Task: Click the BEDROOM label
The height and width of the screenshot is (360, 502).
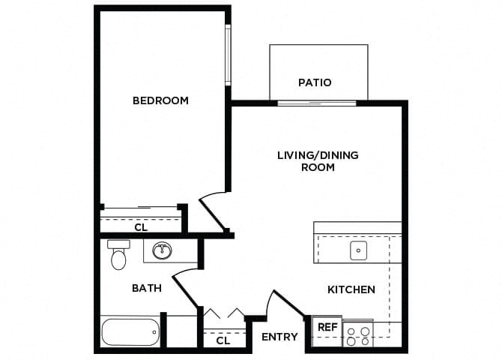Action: point(160,100)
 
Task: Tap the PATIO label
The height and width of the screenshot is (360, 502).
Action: point(314,82)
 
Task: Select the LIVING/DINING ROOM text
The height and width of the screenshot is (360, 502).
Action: point(318,161)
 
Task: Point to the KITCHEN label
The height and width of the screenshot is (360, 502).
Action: point(351,289)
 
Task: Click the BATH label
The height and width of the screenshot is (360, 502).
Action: point(146,288)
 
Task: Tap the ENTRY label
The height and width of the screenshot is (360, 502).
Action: point(279,337)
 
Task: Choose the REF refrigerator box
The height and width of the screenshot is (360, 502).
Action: point(327,328)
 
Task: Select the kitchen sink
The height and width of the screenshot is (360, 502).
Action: point(358,250)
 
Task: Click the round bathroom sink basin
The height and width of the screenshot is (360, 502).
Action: point(162,250)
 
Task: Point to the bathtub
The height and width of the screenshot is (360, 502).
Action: point(130,331)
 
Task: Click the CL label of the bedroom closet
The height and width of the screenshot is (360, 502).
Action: point(140,226)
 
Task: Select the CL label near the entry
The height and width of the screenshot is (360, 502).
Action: point(223,340)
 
